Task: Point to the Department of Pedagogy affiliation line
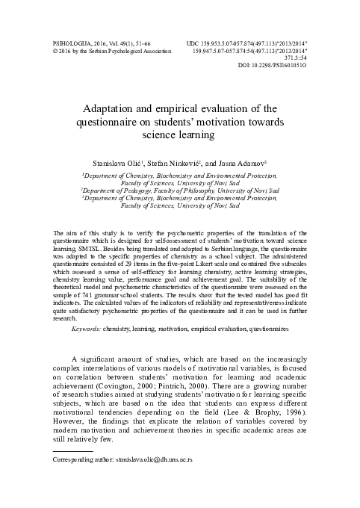[x=180, y=191]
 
